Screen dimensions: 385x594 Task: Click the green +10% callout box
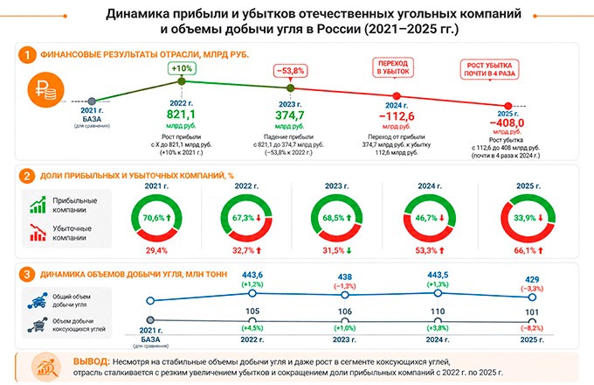pos(182,67)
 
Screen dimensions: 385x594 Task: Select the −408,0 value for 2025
pos(504,123)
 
